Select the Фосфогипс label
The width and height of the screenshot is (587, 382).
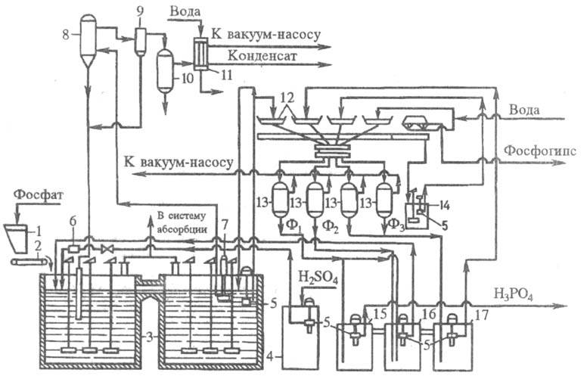pos(538,149)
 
